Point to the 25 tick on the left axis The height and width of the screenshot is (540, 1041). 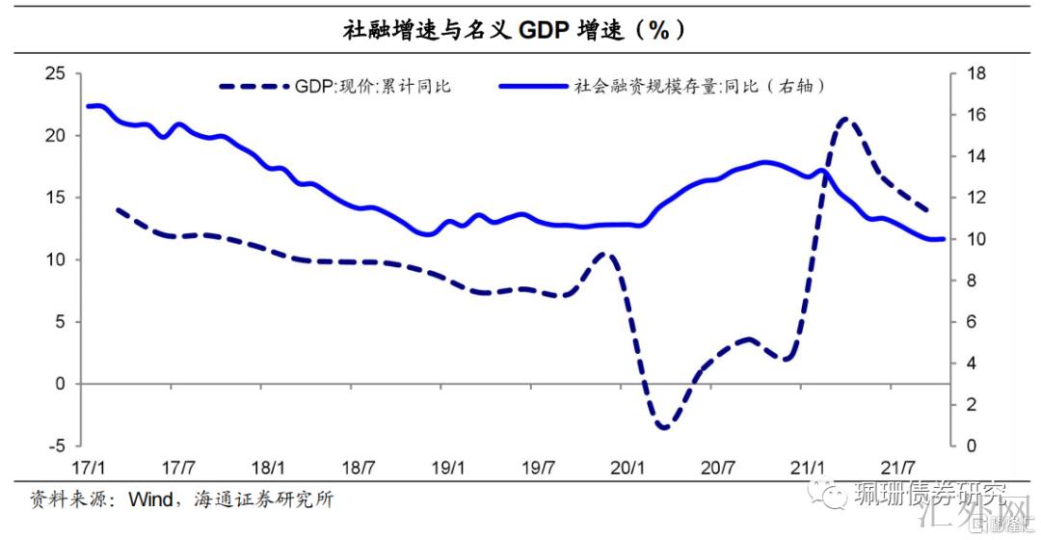(57, 73)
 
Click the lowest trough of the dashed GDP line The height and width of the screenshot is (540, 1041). (664, 426)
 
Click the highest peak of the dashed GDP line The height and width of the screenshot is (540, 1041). (845, 120)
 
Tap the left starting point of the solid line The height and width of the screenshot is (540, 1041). (88, 106)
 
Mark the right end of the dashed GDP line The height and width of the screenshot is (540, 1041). (927, 210)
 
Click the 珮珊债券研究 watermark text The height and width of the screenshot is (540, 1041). (928, 496)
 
